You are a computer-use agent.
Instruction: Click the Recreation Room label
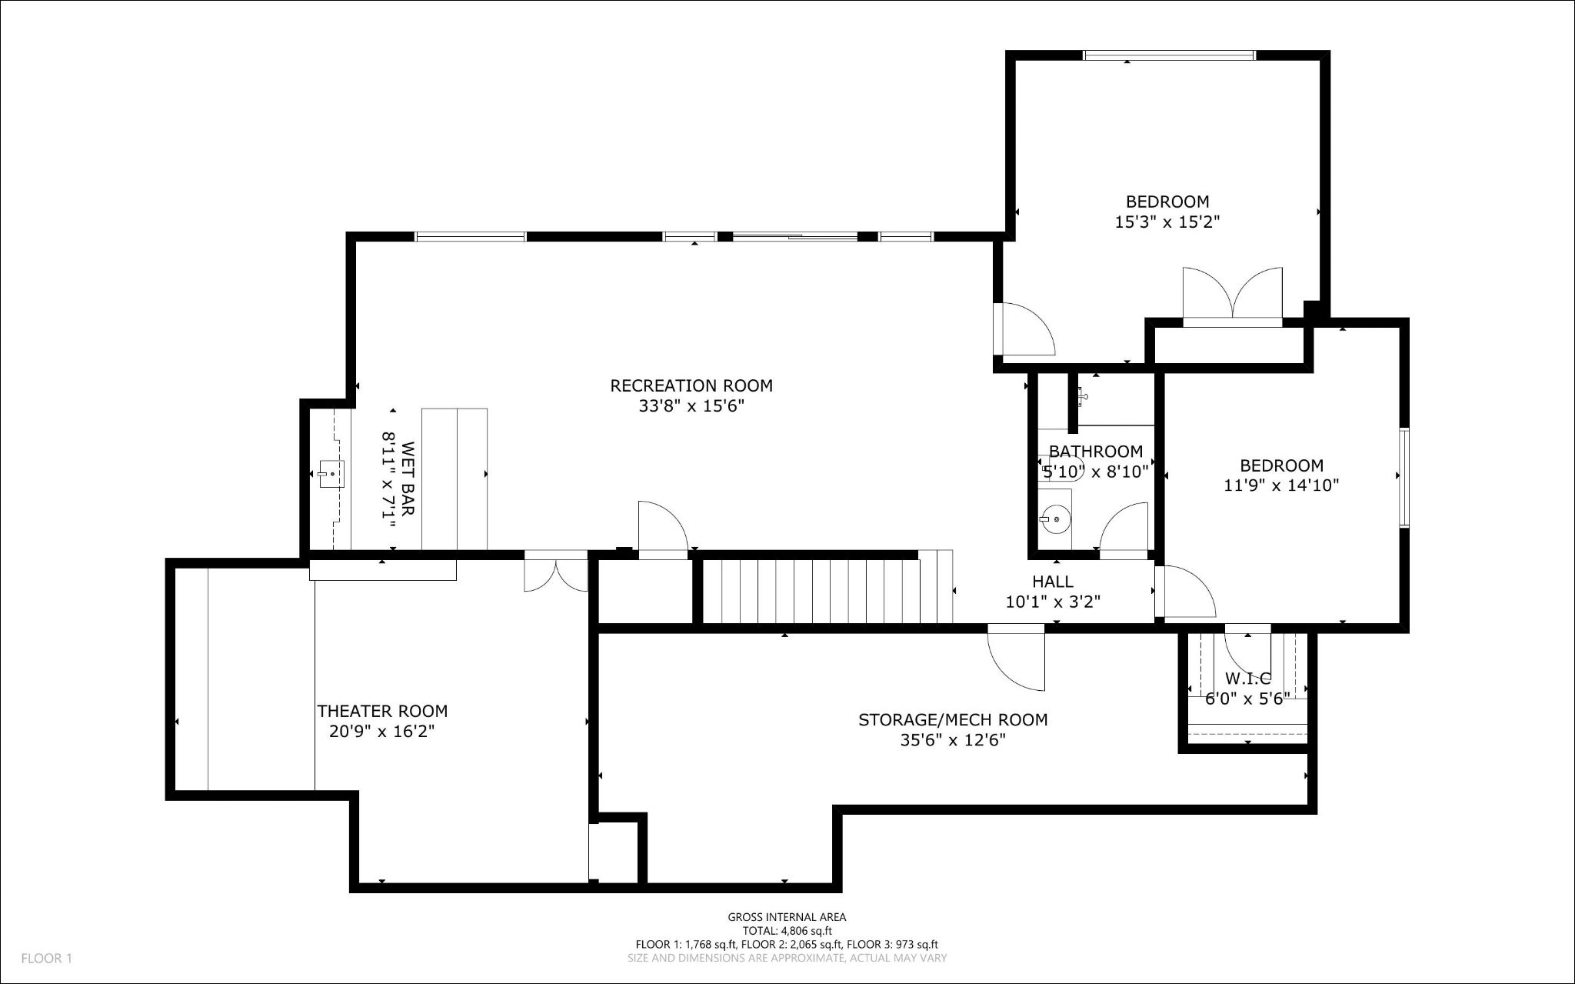pos(691,385)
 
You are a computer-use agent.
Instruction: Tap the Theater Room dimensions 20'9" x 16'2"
pos(382,732)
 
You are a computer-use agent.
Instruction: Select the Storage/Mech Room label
pos(953,720)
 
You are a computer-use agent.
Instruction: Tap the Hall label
pos(1053,582)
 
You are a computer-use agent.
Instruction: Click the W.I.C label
pos(1247,679)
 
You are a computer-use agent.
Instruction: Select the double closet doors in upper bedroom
pos(1233,296)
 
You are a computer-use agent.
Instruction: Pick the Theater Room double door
pos(556,571)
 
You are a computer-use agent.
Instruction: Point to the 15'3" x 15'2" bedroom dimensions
pos(1167,222)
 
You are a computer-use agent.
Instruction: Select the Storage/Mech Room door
pos(1016,659)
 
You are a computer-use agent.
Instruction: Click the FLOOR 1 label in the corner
pos(46,959)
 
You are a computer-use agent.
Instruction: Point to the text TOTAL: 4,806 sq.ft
pos(787,931)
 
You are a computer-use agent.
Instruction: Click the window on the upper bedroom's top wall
pos(1169,55)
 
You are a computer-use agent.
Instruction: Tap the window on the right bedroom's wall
pos(1404,478)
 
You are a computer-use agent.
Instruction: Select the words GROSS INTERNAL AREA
pos(787,917)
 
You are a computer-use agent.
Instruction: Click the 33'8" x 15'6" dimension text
pos(691,406)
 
